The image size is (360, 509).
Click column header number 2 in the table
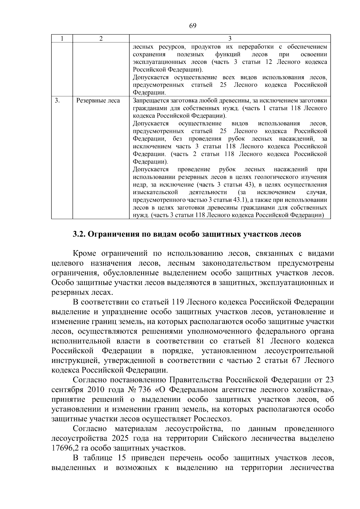point(101,39)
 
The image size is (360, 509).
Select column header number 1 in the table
point(62,39)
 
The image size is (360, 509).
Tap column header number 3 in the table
point(230,39)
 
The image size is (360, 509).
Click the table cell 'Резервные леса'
point(98,101)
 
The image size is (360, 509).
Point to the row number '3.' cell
point(57,101)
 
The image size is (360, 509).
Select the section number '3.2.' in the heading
point(79,234)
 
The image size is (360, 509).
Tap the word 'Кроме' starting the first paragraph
point(84,253)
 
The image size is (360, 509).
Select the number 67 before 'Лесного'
point(297,361)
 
